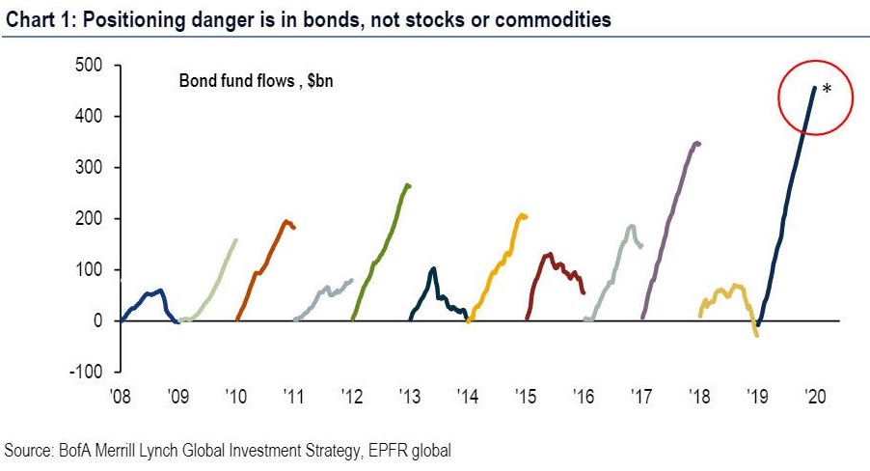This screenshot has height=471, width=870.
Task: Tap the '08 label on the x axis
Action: [122, 395]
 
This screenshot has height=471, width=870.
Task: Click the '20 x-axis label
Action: [815, 395]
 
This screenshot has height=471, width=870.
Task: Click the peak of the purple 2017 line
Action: [696, 143]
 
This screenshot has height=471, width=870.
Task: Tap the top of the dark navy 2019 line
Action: [814, 88]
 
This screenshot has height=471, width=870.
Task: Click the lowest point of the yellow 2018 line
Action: [757, 335]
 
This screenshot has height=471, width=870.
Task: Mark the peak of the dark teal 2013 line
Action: [433, 268]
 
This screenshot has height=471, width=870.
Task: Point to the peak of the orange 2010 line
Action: [286, 221]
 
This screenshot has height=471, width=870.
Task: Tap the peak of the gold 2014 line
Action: [522, 214]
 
